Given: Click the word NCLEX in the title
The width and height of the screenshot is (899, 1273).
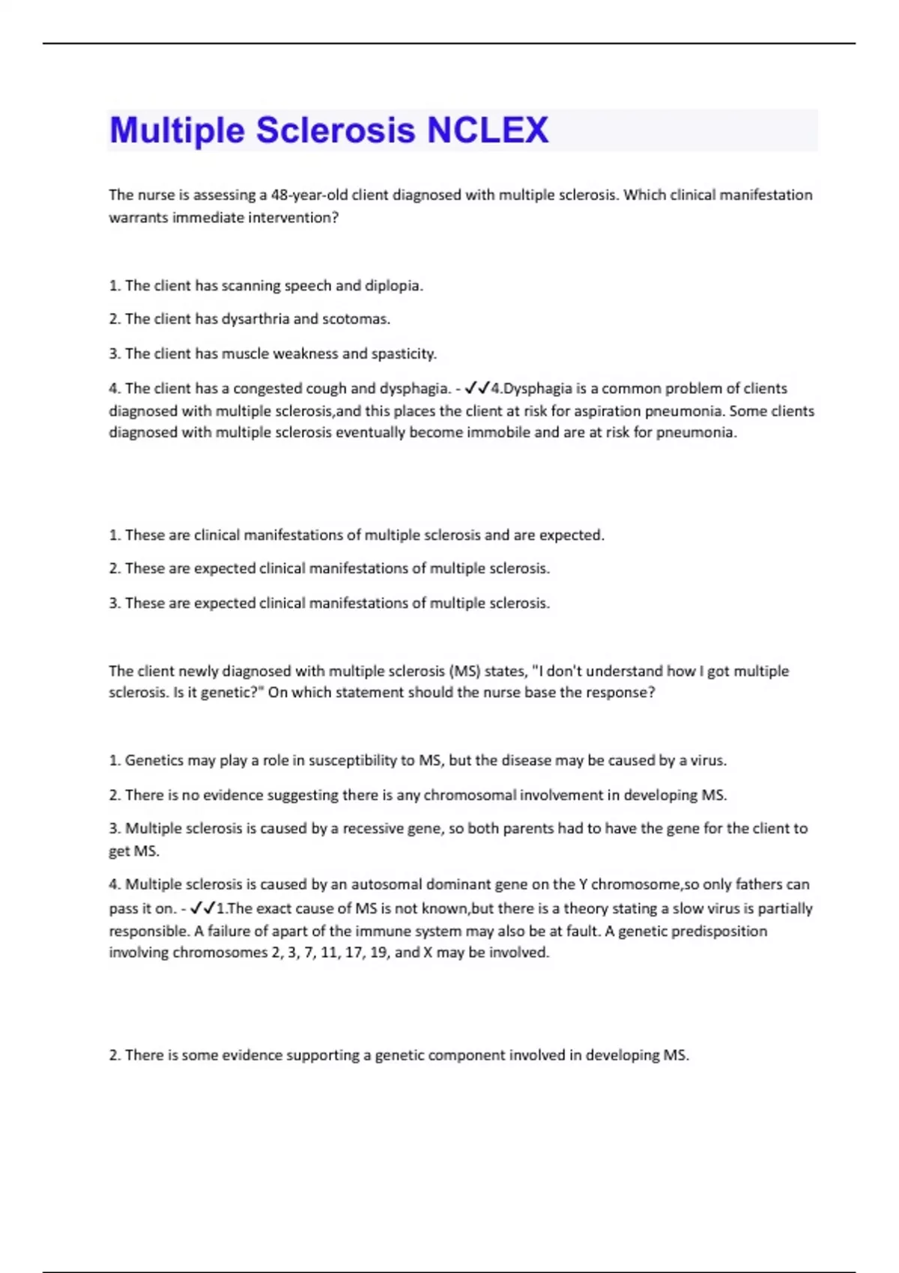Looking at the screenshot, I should [x=488, y=130].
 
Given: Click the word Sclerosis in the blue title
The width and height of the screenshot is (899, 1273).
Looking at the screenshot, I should [x=336, y=130].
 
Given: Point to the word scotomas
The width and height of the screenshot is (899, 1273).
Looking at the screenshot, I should [x=356, y=320].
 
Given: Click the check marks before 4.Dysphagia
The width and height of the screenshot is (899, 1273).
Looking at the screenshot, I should [x=477, y=388].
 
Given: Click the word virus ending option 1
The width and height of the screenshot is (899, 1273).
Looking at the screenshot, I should [x=708, y=761].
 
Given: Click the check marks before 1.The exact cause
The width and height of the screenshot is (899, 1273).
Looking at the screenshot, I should [x=203, y=908].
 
